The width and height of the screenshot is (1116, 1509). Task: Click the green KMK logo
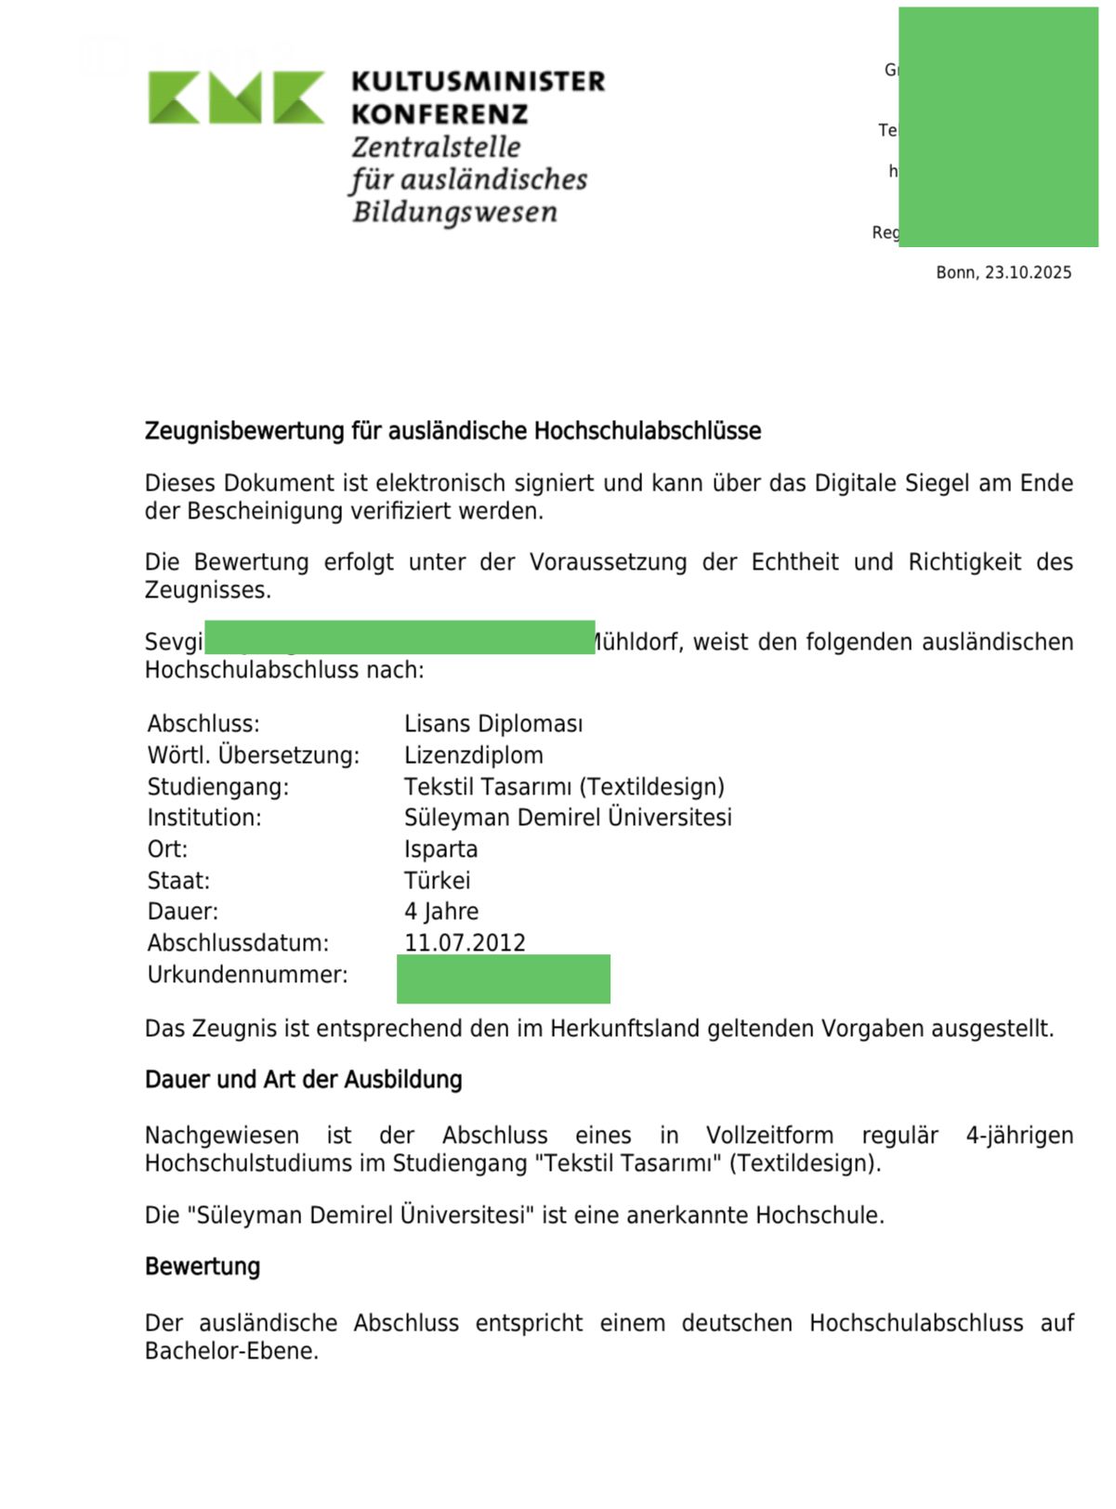pyautogui.click(x=236, y=97)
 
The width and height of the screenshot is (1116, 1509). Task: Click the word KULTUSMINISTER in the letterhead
pyautogui.click(x=478, y=82)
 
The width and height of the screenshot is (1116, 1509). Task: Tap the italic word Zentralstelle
pyautogui.click(x=436, y=147)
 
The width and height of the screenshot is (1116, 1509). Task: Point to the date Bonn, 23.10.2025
pyautogui.click(x=1004, y=272)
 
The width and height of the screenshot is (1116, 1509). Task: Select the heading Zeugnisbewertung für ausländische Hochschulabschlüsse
pyautogui.click(x=453, y=431)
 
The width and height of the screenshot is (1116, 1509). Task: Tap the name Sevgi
pyautogui.click(x=174, y=642)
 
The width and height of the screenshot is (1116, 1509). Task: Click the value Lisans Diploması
pyautogui.click(x=493, y=724)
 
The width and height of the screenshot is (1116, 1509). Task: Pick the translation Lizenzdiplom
pyautogui.click(x=474, y=755)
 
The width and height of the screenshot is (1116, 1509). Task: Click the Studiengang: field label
pyautogui.click(x=218, y=787)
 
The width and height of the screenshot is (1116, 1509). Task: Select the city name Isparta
pyautogui.click(x=440, y=849)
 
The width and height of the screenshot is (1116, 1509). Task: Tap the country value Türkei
pyautogui.click(x=437, y=880)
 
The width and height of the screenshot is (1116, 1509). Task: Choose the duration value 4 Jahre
pyautogui.click(x=441, y=912)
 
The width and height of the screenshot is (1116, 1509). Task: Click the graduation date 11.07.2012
pyautogui.click(x=465, y=942)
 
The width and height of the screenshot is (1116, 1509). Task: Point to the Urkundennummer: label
pyautogui.click(x=247, y=975)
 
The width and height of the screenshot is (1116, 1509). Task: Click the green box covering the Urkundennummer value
pyautogui.click(x=503, y=979)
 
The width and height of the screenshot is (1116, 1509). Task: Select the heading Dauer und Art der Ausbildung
pyautogui.click(x=303, y=1080)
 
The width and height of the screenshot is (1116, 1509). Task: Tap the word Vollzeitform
pyautogui.click(x=769, y=1135)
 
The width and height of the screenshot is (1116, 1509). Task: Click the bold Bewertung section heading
pyautogui.click(x=203, y=1266)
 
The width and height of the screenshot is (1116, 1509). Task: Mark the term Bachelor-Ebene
pyautogui.click(x=230, y=1351)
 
